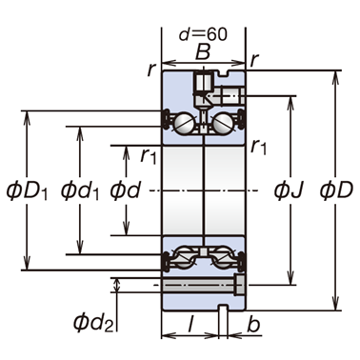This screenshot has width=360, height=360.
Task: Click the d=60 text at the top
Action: [x=203, y=34]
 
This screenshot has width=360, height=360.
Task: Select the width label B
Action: [x=203, y=51]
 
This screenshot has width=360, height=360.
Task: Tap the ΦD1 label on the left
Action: [x=28, y=190]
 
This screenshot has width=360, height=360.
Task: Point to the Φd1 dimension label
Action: [x=80, y=190]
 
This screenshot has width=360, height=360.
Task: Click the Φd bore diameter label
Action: [x=126, y=190]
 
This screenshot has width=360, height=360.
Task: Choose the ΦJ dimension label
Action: [x=290, y=190]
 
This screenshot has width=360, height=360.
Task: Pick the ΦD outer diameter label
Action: [x=336, y=190]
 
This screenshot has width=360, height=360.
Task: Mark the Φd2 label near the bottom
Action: [x=93, y=322]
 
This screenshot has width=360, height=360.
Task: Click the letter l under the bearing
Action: [x=190, y=324]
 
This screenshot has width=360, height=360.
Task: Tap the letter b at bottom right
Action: [x=253, y=324]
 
